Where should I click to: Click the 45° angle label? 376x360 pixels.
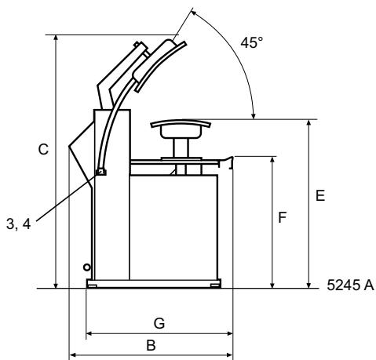coord(252,43)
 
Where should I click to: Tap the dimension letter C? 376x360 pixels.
coord(43,150)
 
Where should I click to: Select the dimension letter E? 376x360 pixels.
coord(320,195)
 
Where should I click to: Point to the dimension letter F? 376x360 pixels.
coord(283,217)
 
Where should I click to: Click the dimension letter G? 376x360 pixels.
coord(159,323)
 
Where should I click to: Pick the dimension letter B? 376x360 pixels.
coord(151,345)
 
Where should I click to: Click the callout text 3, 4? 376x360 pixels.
coord(18,224)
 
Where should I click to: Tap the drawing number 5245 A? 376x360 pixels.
coord(351,285)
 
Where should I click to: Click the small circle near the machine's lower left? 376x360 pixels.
coord(86,267)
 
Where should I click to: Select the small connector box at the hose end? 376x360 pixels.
coord(101,172)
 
